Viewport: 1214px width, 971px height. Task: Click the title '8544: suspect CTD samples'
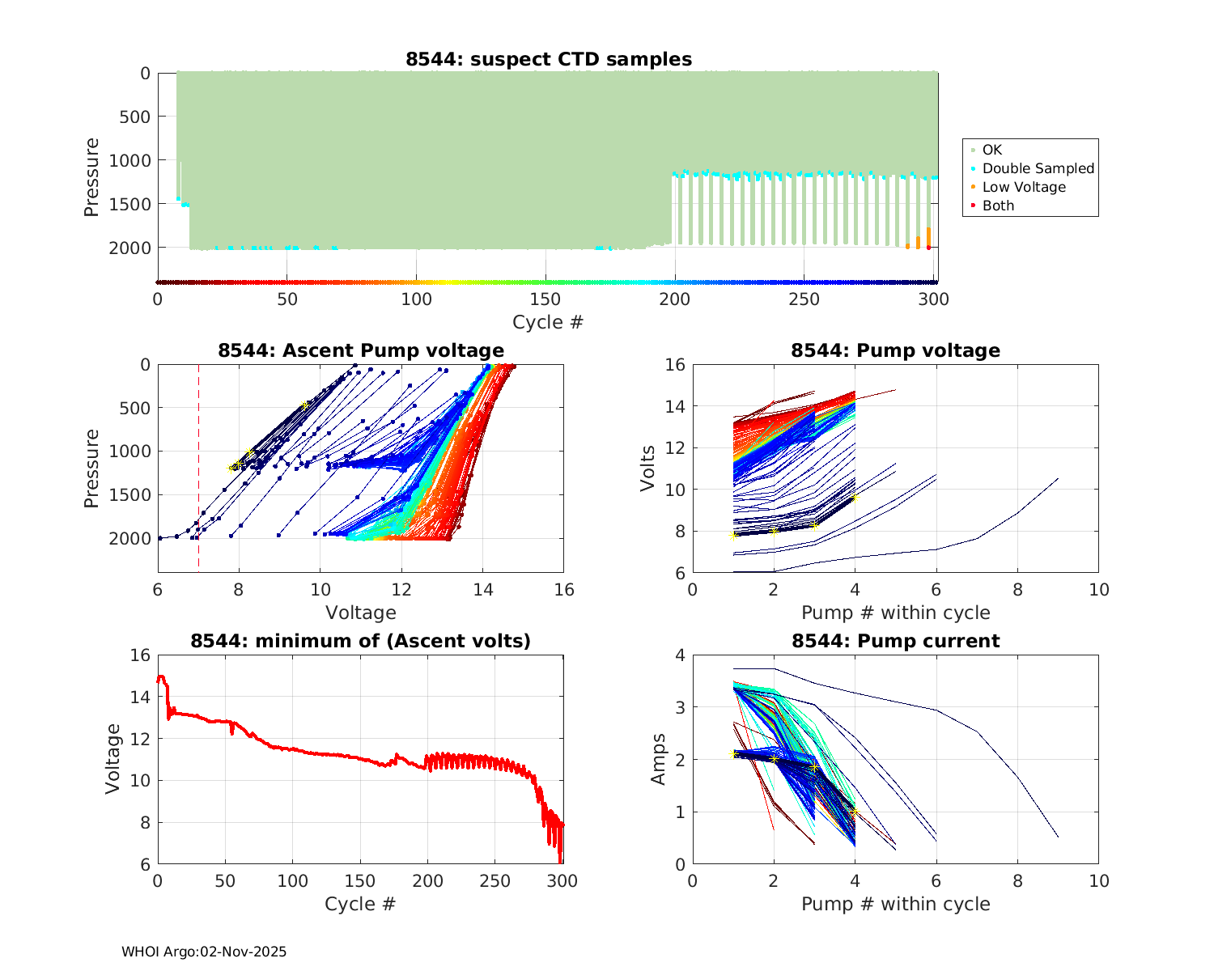[549, 59]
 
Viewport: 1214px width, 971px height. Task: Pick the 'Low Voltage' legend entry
[1024, 187]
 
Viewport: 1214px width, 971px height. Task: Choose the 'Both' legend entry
[998, 206]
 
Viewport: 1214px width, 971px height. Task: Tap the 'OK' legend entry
[991, 150]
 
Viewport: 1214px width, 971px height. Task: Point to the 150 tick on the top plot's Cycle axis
[545, 299]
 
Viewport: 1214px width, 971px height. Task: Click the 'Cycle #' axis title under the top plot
[548, 322]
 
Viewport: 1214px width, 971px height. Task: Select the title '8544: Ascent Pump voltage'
[361, 350]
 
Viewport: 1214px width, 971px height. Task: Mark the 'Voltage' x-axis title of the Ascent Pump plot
[361, 613]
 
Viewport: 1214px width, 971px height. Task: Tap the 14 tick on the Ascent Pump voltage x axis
[483, 590]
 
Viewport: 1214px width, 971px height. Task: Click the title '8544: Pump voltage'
[895, 350]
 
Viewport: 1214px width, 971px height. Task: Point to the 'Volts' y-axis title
[647, 469]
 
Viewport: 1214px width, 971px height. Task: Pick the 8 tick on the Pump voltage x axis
[1017, 590]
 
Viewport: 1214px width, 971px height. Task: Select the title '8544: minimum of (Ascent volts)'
[361, 641]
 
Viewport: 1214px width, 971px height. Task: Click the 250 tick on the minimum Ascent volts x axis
[495, 881]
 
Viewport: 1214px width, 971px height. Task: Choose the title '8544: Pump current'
[895, 641]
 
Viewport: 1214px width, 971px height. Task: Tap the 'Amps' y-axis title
[659, 759]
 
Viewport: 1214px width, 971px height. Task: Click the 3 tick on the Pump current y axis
[680, 707]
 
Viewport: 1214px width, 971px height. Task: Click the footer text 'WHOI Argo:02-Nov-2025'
[204, 952]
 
